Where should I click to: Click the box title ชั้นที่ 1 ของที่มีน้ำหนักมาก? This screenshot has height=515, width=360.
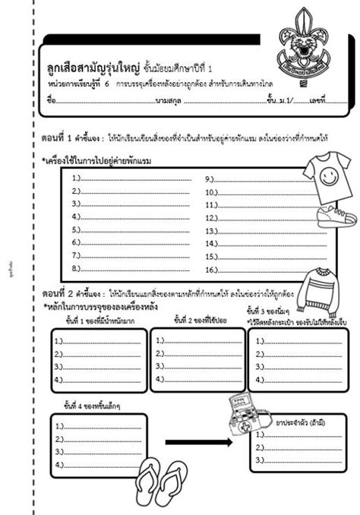tap(97, 319)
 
